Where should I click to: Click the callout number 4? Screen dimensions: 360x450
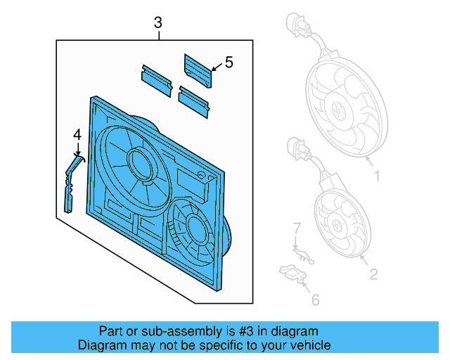[77, 134]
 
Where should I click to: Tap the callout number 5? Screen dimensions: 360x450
[229, 63]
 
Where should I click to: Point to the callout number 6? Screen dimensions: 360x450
[315, 300]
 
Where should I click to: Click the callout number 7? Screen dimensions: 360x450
[297, 229]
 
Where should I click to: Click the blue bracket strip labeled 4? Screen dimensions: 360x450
[70, 183]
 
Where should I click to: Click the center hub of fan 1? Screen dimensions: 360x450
[339, 111]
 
